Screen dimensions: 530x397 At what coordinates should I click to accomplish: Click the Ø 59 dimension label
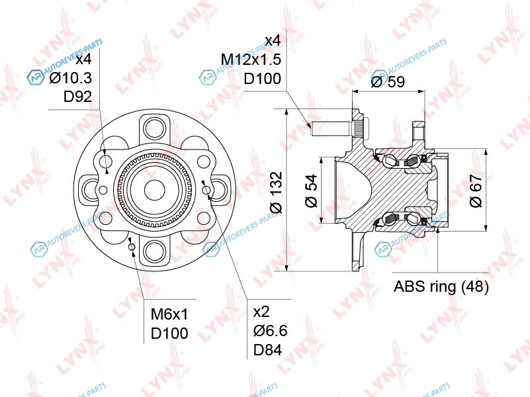[388, 81]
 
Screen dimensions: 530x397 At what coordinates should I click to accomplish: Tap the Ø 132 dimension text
[277, 193]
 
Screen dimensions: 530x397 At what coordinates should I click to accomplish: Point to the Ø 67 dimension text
[476, 191]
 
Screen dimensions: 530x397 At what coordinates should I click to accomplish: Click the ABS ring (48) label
[441, 287]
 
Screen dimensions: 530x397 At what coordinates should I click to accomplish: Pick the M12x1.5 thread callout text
[251, 60]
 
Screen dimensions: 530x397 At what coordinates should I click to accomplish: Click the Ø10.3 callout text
[70, 78]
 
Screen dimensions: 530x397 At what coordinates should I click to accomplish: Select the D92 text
[77, 97]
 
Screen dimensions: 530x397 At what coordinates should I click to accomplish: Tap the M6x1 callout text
[169, 314]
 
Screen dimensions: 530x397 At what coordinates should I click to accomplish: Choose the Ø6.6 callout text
[271, 331]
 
